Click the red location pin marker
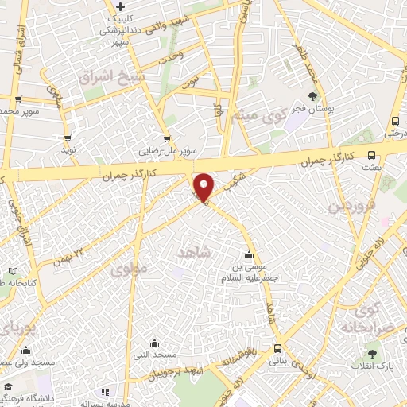[203, 187]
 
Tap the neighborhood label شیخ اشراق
[112, 76]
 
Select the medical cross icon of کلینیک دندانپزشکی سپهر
[119, 7]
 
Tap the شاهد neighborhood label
[196, 252]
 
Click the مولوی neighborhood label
[129, 269]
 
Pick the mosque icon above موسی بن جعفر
[250, 255]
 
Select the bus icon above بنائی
[277, 348]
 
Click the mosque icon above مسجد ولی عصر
[25, 350]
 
